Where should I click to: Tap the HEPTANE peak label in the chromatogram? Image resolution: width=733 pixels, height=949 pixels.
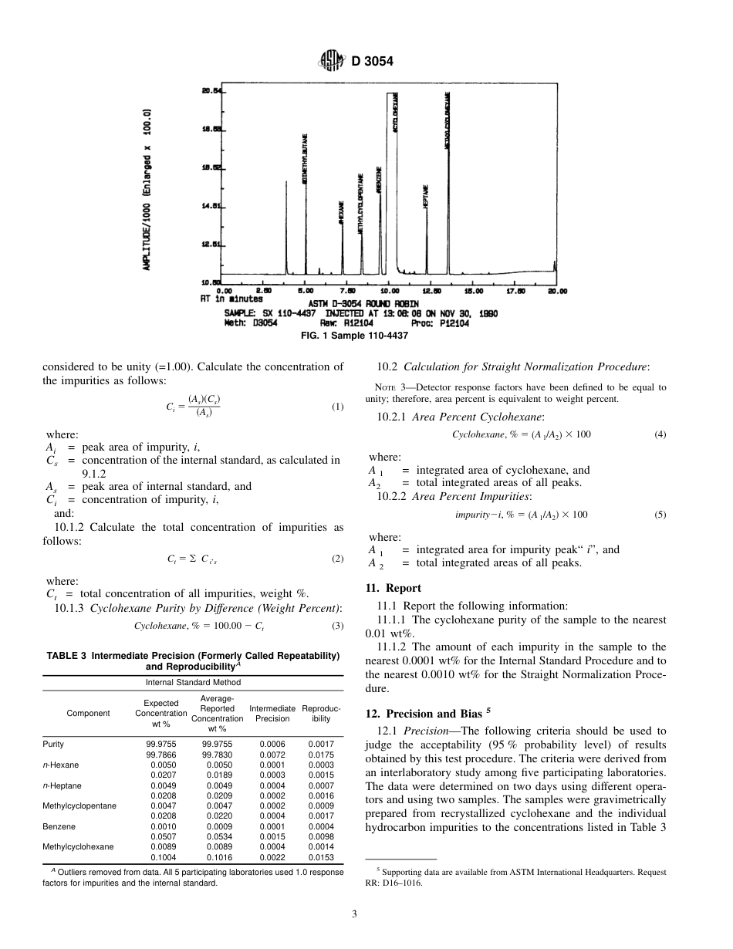pos(425,194)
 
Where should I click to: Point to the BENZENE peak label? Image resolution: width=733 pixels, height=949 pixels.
pos(379,179)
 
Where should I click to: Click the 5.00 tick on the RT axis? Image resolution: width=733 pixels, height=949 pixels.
pos(306,291)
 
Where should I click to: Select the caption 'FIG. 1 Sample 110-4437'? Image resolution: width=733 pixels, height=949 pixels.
pos(366,335)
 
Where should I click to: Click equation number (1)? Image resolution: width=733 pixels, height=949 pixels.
pos(337,407)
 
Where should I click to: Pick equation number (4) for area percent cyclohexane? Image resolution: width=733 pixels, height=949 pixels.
pos(660,434)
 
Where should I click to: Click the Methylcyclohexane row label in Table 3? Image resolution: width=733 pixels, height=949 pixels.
pos(79,846)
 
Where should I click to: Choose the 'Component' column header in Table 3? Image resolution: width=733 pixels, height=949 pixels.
pos(88,713)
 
